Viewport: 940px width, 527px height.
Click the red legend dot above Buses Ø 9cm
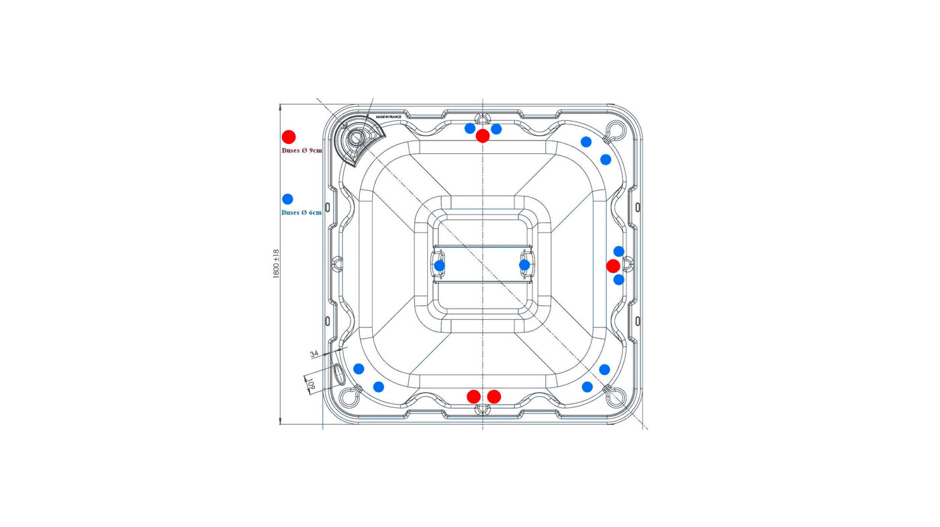[289, 136]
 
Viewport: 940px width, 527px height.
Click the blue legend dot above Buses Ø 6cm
[287, 199]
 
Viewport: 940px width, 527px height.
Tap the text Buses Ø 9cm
[301, 151]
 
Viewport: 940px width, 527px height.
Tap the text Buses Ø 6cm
[301, 212]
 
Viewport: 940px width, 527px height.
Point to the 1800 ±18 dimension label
[276, 263]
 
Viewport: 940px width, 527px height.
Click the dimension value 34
[314, 354]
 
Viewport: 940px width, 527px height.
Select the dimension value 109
[311, 383]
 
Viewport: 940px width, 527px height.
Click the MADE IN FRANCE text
[388, 117]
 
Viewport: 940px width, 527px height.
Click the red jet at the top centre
[483, 136]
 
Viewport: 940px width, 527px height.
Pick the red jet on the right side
[613, 266]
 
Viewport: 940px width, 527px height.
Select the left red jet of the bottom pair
[474, 397]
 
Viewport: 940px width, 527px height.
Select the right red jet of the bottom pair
[494, 397]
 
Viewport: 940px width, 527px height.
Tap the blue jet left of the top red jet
[470, 128]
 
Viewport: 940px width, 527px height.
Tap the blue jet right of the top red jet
[496, 129]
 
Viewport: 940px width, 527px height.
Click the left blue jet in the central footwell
[439, 266]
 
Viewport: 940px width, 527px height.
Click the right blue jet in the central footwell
[524, 265]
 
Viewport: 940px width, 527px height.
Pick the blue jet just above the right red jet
[619, 251]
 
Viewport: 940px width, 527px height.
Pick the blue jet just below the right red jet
[619, 280]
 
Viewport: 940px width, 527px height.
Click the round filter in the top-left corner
[357, 137]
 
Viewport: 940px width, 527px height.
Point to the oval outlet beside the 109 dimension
[339, 374]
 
